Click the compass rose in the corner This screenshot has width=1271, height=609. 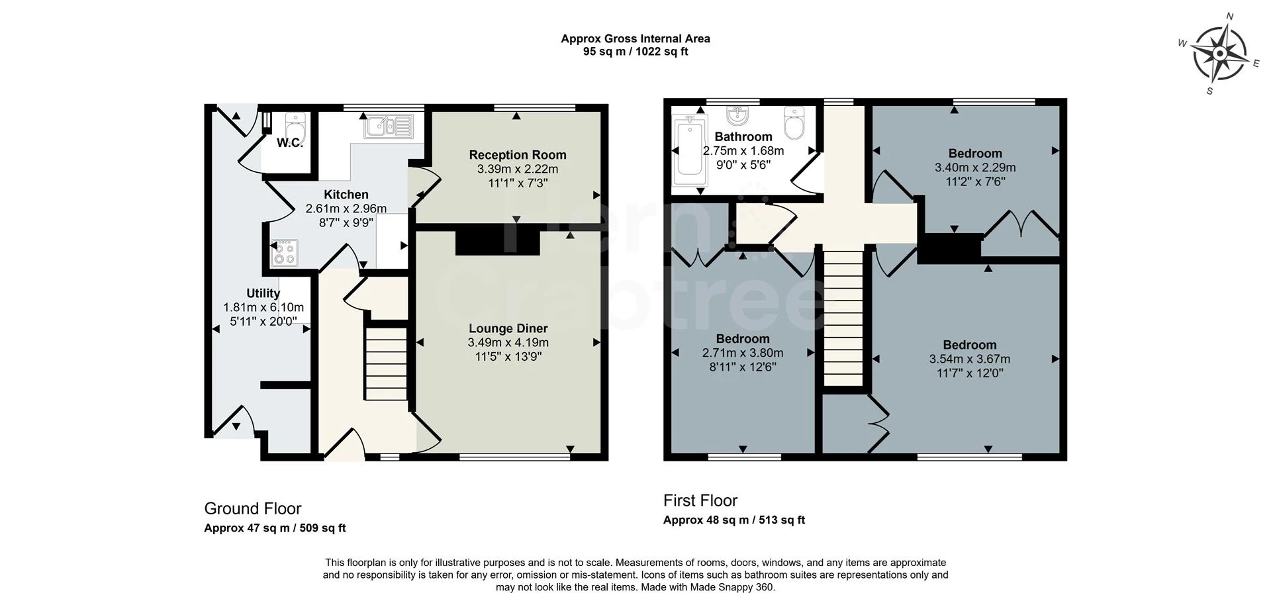pos(1220,54)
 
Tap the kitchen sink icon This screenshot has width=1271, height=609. pos(389,126)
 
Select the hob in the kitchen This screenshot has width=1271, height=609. pos(285,252)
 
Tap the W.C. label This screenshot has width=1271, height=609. pos(290,143)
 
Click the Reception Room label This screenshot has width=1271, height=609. pos(518,155)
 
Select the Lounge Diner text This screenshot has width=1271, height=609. pos(508,328)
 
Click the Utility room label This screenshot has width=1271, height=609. pos(263,293)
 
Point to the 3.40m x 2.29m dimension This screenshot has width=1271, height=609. pos(975,167)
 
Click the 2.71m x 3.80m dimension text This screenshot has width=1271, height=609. pos(743,353)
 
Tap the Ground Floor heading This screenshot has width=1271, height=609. pos(252,508)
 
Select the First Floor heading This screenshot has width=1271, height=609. pos(700,500)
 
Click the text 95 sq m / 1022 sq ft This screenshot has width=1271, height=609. pos(635,52)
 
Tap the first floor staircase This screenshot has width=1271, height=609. pos(844,318)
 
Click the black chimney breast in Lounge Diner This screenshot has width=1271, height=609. pos(498,240)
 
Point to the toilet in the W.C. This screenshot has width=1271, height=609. pos(295,124)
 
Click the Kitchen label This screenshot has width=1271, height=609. pos(346,195)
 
